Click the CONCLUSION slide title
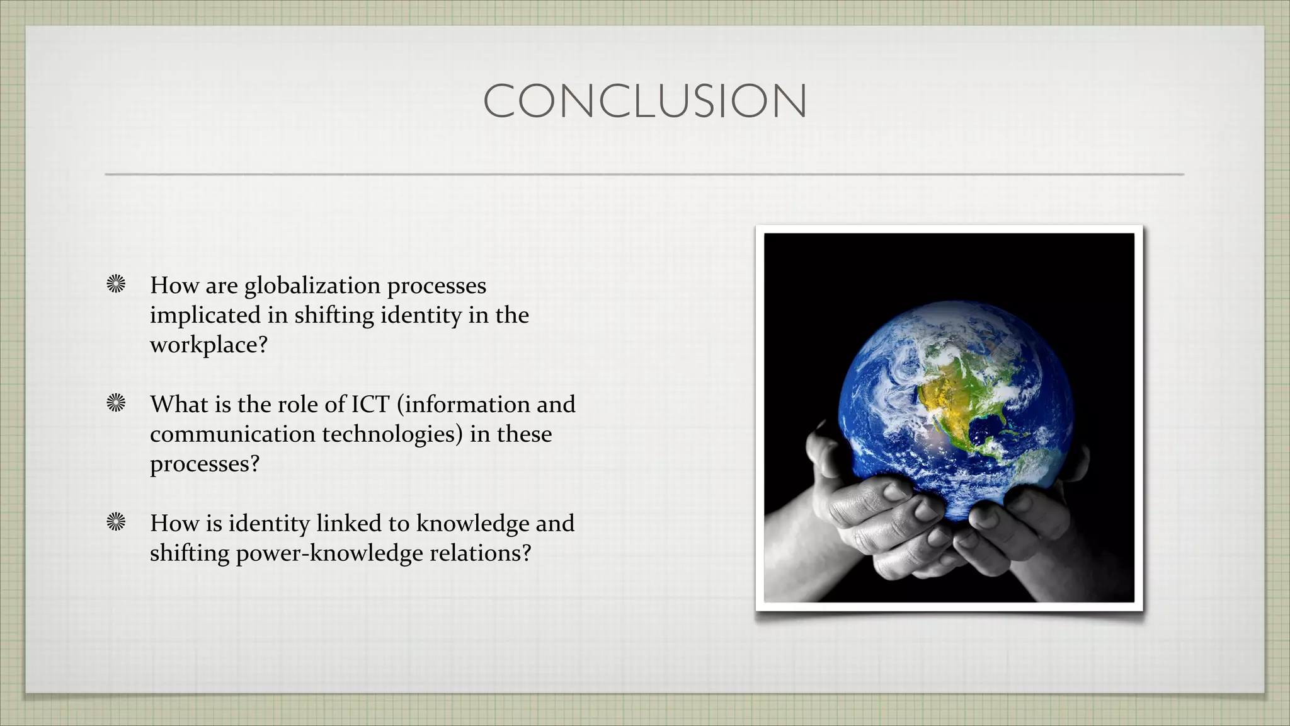pyautogui.click(x=645, y=101)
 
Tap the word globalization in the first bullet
pyautogui.click(x=312, y=286)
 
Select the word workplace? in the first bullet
pyautogui.click(x=208, y=345)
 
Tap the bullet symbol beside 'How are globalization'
pyautogui.click(x=116, y=285)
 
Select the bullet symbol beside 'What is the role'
pyautogui.click(x=116, y=403)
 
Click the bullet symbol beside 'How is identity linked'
pyautogui.click(x=116, y=522)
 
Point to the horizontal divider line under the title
pyautogui.click(x=644, y=174)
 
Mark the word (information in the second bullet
pyautogui.click(x=464, y=405)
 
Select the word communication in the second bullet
pyautogui.click(x=232, y=434)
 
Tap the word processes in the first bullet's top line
pyautogui.click(x=436, y=286)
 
